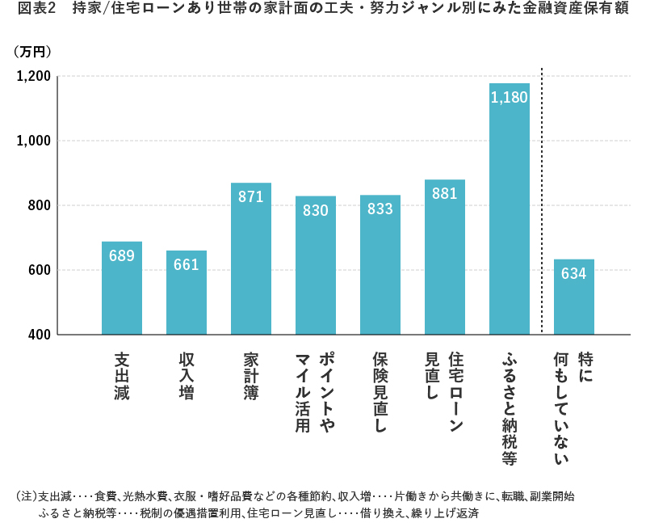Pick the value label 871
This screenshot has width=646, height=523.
coord(251,196)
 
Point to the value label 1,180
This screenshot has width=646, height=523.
coord(510,97)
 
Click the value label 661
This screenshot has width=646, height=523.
coord(187,264)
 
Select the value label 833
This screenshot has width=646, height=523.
coord(380,209)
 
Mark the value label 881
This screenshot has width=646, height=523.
coord(445,193)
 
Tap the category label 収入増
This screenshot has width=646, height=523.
coord(187,377)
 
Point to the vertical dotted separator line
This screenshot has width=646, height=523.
coord(542,202)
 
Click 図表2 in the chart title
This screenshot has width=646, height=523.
coord(35,11)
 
